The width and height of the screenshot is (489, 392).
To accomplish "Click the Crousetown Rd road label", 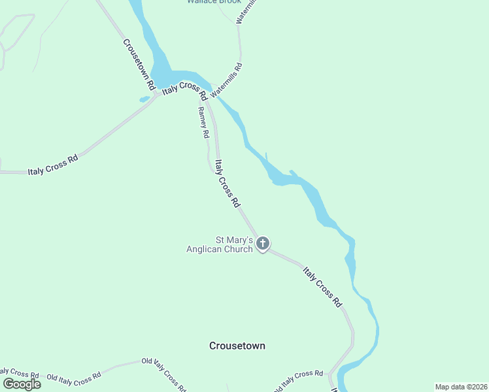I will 139,64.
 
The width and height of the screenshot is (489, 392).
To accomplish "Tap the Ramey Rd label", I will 203,122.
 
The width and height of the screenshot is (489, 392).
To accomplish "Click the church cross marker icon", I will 263,244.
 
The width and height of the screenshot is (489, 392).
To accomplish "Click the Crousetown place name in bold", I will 237,346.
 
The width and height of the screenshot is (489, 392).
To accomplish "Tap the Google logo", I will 22,384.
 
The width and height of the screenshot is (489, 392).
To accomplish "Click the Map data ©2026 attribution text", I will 460,386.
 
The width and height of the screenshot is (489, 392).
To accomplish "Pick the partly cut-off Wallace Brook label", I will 214,2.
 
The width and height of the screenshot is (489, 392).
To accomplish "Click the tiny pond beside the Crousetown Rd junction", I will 144,100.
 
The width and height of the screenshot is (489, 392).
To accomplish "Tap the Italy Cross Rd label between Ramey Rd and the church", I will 227,184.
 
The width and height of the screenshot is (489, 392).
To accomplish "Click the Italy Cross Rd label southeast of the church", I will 322,286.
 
